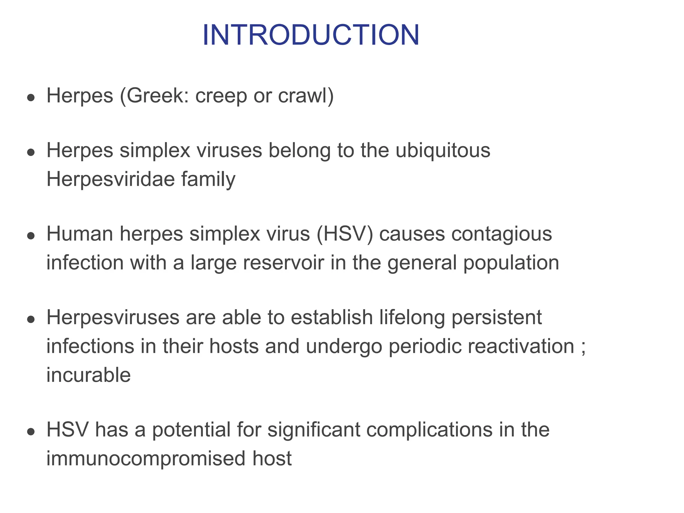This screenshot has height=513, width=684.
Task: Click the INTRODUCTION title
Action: pos(311,35)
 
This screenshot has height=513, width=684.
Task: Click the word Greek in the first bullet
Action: pos(155,96)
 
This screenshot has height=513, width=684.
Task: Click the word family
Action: pos(208,179)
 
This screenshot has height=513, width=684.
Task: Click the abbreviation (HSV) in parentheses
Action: pos(345,234)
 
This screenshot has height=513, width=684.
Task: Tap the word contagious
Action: pos(501,234)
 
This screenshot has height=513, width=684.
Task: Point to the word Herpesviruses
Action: pos(113,317)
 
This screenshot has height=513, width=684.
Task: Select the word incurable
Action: pos(89,375)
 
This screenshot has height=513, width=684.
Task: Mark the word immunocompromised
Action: pos(146,459)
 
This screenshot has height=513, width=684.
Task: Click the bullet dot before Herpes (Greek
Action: pos(31,98)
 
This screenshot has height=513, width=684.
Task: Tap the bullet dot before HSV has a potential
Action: pos(31,432)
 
